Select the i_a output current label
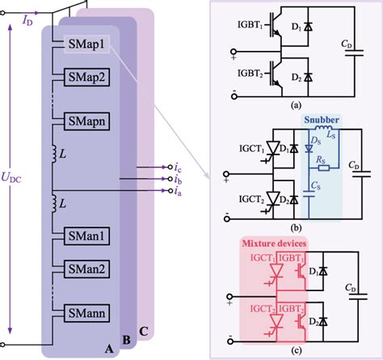pyautogui.click(x=177, y=191)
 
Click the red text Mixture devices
pyautogui.click(x=278, y=242)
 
